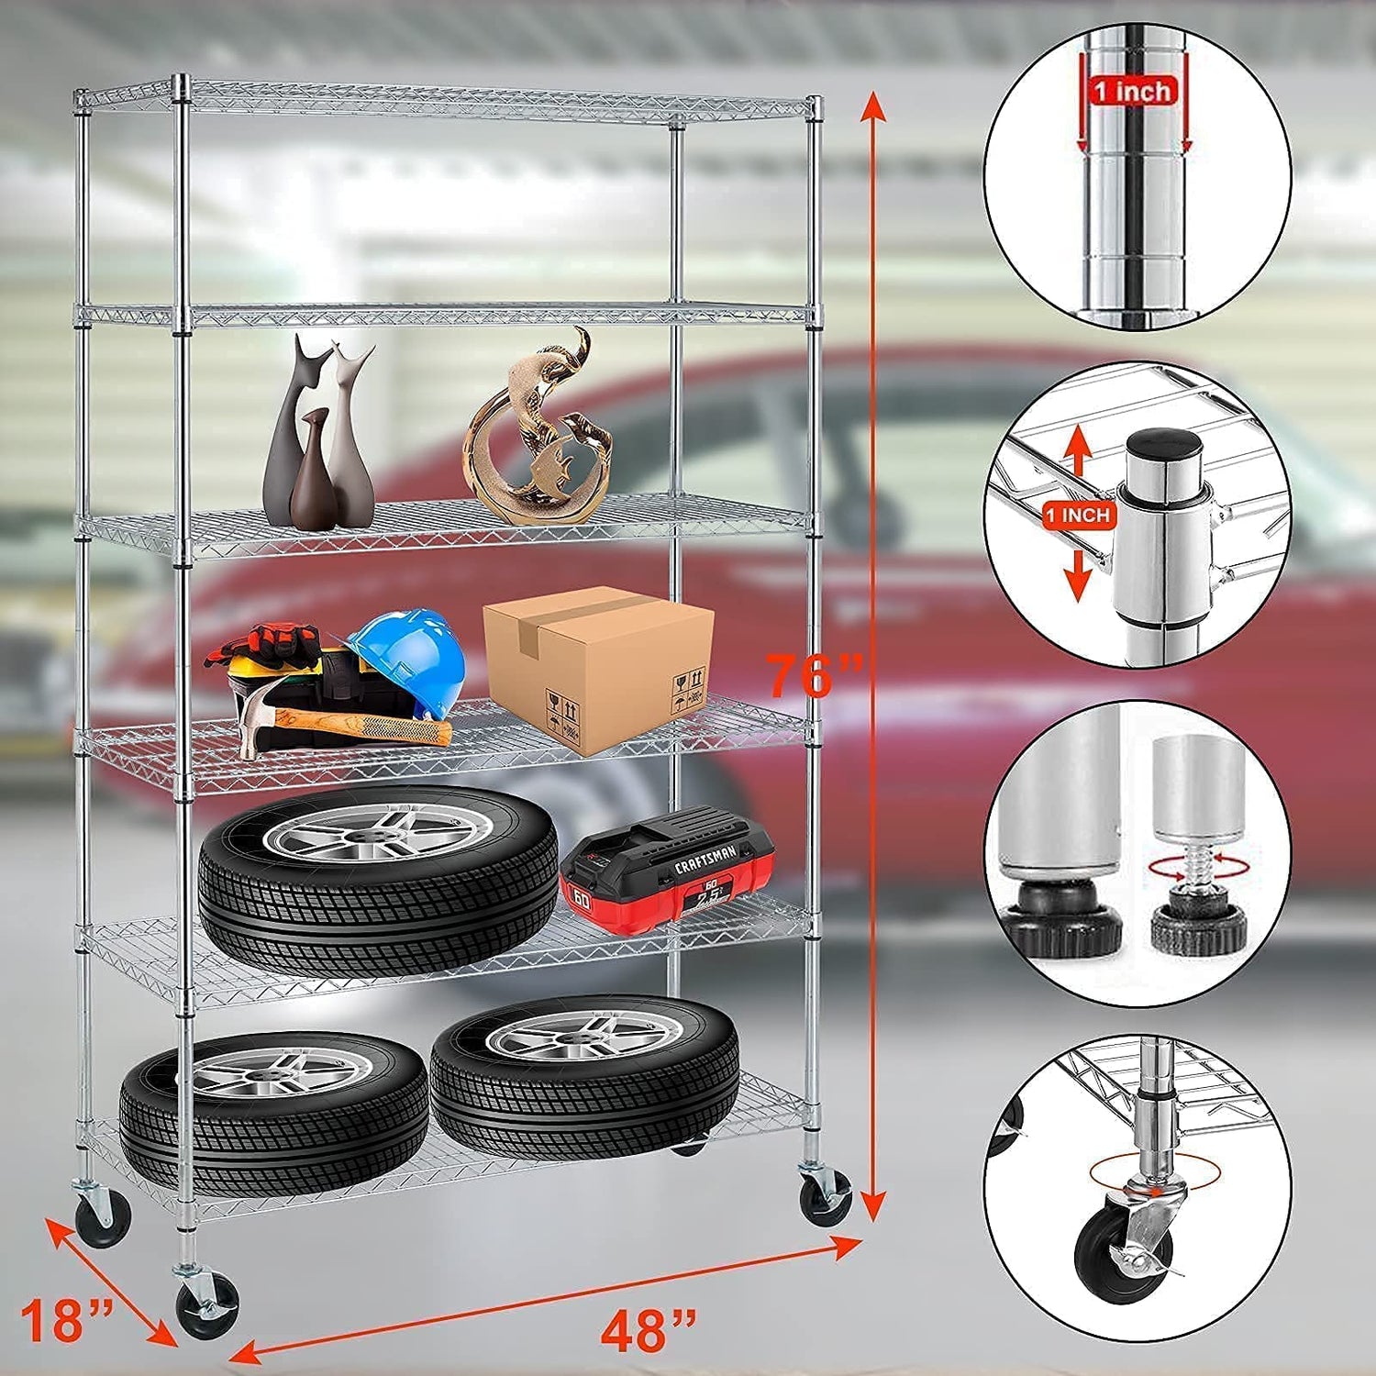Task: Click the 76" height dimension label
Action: click(x=814, y=676)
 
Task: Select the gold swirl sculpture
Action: click(x=541, y=431)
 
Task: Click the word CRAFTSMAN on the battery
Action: click(x=705, y=860)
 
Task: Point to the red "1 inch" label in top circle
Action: click(x=1132, y=91)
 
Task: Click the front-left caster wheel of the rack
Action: click(x=208, y=1305)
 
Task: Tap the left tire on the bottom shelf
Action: click(x=274, y=1110)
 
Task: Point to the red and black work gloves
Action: click(x=266, y=643)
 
